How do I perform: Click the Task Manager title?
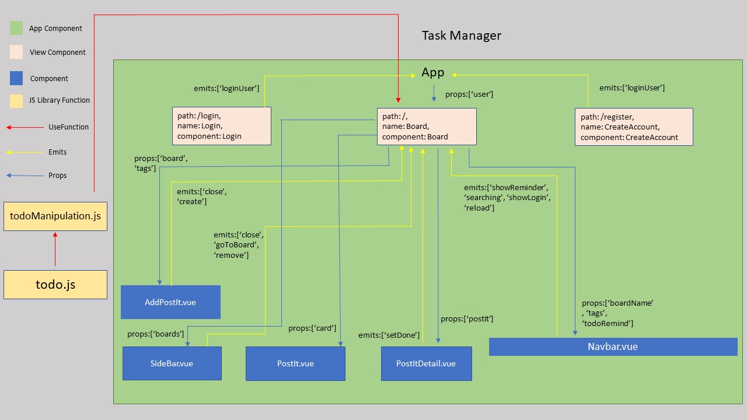click(x=461, y=36)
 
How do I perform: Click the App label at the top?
click(x=433, y=73)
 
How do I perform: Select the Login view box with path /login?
click(x=222, y=126)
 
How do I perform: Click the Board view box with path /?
click(x=426, y=127)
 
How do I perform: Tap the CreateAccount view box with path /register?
click(x=634, y=127)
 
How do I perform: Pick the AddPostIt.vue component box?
click(x=170, y=302)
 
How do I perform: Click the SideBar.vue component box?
click(x=172, y=363)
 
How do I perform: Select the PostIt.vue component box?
click(x=295, y=363)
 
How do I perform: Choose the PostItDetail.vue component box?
click(x=426, y=363)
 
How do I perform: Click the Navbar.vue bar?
click(x=613, y=346)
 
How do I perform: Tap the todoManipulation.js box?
click(x=55, y=216)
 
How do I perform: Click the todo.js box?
click(x=55, y=285)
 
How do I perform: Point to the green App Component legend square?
click(x=16, y=28)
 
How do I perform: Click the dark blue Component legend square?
click(x=16, y=78)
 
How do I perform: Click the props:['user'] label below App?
click(x=469, y=94)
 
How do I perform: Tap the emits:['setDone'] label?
click(x=389, y=335)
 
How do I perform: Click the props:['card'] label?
click(x=312, y=328)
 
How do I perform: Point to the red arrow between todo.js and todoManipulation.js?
click(x=55, y=250)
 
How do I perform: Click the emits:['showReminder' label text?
click(x=506, y=187)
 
